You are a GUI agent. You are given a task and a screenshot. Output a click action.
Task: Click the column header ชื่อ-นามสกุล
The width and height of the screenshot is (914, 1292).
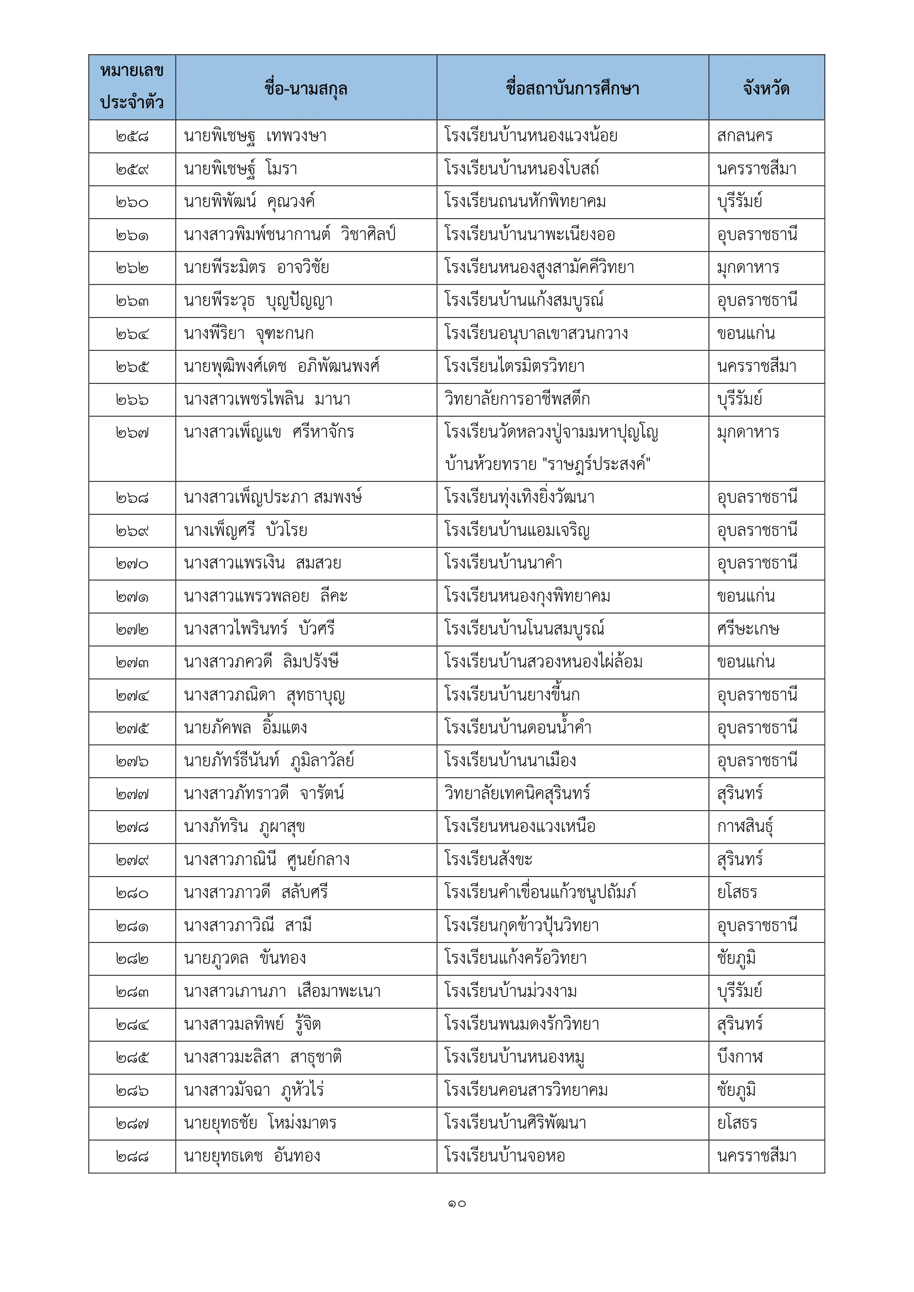[x=306, y=88]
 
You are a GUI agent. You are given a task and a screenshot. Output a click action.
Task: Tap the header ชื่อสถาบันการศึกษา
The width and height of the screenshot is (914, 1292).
[x=572, y=88]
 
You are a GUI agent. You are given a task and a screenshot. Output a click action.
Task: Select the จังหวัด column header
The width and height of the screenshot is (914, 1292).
[x=766, y=88]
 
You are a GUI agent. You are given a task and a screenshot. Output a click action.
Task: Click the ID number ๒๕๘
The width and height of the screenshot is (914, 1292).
[x=132, y=136]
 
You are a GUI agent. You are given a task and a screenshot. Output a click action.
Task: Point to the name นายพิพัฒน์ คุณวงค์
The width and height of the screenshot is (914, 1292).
[x=249, y=202]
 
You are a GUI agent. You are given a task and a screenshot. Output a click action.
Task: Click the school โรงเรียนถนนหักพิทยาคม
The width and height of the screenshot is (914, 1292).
[x=524, y=202]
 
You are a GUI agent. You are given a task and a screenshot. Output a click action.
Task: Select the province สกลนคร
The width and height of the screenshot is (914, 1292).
[x=744, y=136]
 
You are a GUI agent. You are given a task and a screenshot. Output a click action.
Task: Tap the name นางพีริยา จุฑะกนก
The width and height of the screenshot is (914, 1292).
[x=249, y=334]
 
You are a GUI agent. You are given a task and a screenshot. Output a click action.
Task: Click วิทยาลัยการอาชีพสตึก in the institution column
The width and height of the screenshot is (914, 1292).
[x=517, y=399]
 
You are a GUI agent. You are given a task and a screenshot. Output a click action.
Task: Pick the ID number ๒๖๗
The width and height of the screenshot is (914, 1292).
[x=132, y=433]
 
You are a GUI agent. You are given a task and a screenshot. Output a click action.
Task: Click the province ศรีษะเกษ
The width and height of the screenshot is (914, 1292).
[x=748, y=629]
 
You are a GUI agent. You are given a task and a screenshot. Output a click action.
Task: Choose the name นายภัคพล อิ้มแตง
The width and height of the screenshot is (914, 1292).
[x=245, y=728]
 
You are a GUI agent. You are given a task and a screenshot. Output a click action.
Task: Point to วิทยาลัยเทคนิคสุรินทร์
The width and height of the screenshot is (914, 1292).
[x=517, y=794]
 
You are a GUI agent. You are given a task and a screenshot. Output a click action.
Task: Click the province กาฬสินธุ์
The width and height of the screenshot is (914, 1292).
[x=745, y=827]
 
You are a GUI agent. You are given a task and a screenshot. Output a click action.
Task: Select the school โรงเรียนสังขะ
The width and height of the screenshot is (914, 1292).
[x=488, y=860]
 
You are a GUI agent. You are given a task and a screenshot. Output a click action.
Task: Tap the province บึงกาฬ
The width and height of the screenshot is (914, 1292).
[x=740, y=1057]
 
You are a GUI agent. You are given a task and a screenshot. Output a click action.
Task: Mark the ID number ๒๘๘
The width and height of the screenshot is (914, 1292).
[x=132, y=1156]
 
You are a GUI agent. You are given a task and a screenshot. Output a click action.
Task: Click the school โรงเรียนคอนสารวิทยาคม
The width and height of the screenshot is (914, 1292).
[x=526, y=1090]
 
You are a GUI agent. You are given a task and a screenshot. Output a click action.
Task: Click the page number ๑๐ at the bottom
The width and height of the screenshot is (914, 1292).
[x=457, y=1204]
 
